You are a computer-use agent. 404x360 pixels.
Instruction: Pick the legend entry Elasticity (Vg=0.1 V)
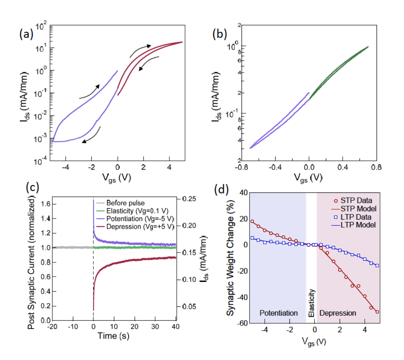pyautogui.click(x=134, y=211)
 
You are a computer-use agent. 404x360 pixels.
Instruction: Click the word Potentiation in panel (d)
pyautogui.click(x=278, y=313)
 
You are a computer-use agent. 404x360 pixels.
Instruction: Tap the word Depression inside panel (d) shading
pyautogui.click(x=338, y=313)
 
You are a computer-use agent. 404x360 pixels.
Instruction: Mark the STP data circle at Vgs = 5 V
pyautogui.click(x=377, y=312)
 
